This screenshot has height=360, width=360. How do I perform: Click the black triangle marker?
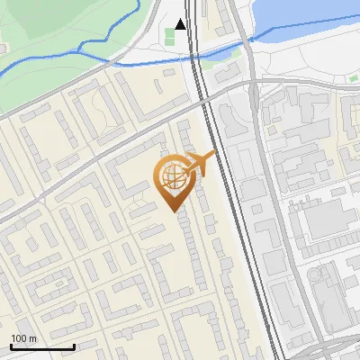[x=182, y=24]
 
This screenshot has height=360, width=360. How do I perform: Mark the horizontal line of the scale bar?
[x=42, y=346]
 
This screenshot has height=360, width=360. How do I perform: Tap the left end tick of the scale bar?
[x=11, y=345]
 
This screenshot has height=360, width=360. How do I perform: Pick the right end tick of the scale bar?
[x=74, y=345]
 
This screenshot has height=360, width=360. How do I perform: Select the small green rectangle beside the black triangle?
[x=169, y=37]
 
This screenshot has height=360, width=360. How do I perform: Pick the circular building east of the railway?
[x=316, y=273]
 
